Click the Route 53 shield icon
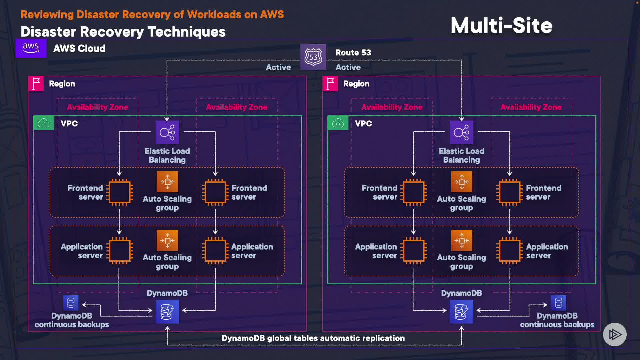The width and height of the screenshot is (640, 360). tap(313, 57)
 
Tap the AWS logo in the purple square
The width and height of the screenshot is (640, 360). tap(31, 48)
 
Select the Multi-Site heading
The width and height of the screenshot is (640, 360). tap(501, 26)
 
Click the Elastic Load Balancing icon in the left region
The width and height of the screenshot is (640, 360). tap(167, 132)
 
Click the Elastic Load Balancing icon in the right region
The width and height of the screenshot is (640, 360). tap(461, 132)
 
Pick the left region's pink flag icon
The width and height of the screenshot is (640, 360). tap(36, 84)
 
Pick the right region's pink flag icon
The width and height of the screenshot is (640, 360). tap(330, 84)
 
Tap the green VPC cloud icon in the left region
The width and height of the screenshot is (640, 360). tap(44, 123)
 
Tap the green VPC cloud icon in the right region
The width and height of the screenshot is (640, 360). tap(338, 123)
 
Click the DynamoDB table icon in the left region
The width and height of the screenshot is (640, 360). tap(167, 312)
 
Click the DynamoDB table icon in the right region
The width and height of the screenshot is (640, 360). tap(461, 312)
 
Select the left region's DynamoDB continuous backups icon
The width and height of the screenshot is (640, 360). tap(71, 303)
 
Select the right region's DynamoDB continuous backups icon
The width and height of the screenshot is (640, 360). tap(558, 303)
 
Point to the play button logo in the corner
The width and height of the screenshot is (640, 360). tap(615, 334)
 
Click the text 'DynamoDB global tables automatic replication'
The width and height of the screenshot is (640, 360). tap(313, 338)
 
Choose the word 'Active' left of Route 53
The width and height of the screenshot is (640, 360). tap(278, 67)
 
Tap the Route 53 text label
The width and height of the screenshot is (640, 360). tap(353, 53)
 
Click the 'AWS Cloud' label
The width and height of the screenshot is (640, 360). tap(79, 49)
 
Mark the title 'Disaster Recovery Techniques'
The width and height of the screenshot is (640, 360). tap(123, 32)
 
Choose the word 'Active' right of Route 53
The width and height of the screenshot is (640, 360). tap(348, 67)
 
